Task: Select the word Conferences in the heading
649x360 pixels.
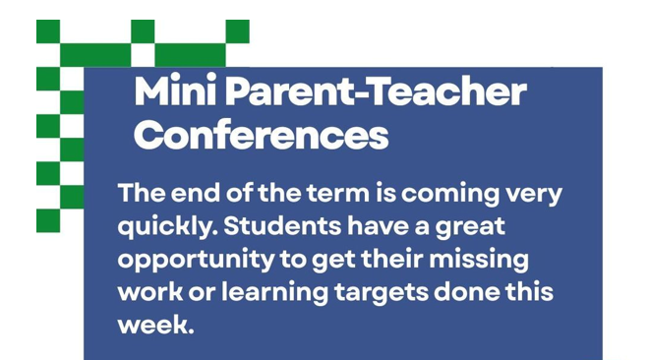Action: point(261,135)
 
